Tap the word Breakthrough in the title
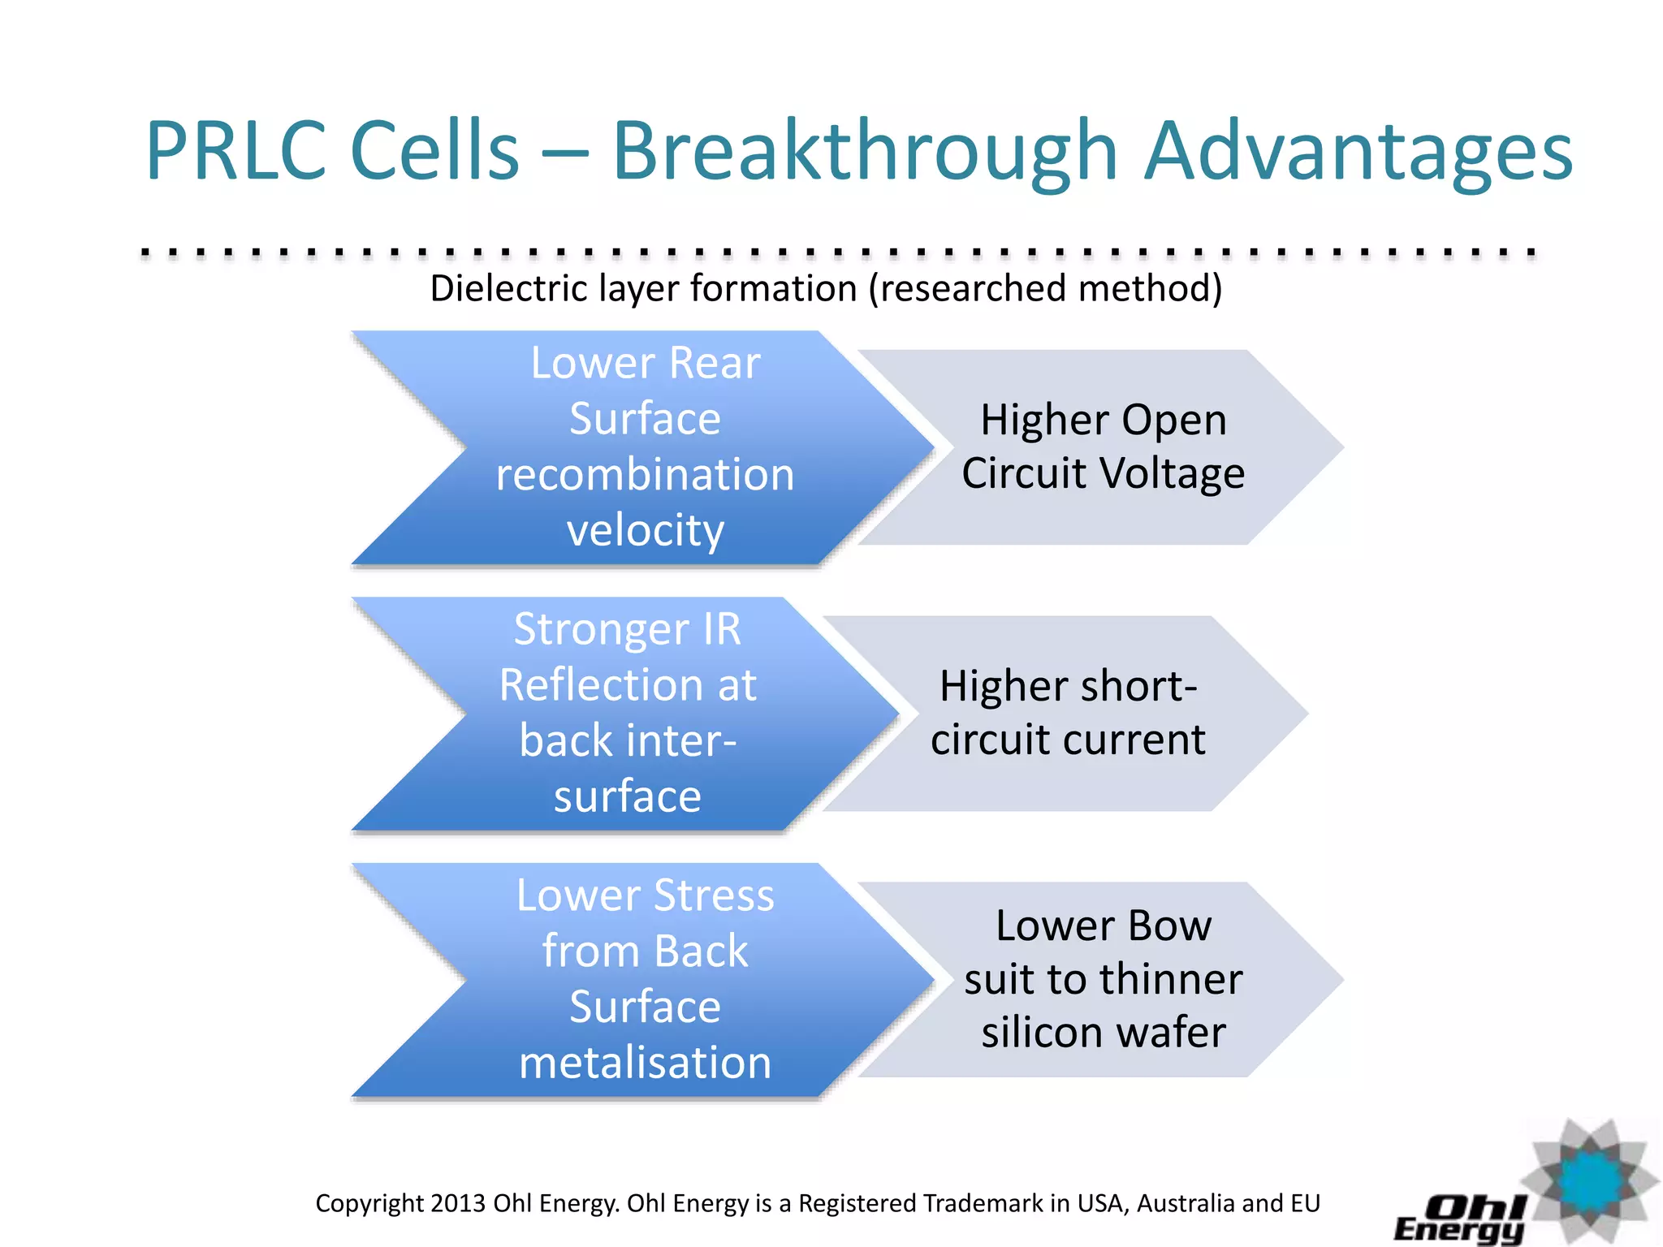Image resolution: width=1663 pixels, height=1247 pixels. click(x=865, y=151)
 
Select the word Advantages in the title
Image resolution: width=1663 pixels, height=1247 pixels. click(x=1358, y=151)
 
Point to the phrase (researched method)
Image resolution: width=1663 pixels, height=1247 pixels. click(x=1046, y=289)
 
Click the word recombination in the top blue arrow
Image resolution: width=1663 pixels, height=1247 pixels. click(x=645, y=474)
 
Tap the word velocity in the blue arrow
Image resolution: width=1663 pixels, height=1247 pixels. click(x=645, y=531)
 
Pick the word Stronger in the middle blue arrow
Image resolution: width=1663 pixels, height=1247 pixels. click(x=602, y=629)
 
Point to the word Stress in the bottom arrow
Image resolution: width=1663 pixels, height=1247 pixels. click(x=714, y=895)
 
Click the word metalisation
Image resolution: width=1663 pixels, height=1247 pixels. click(x=645, y=1063)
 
